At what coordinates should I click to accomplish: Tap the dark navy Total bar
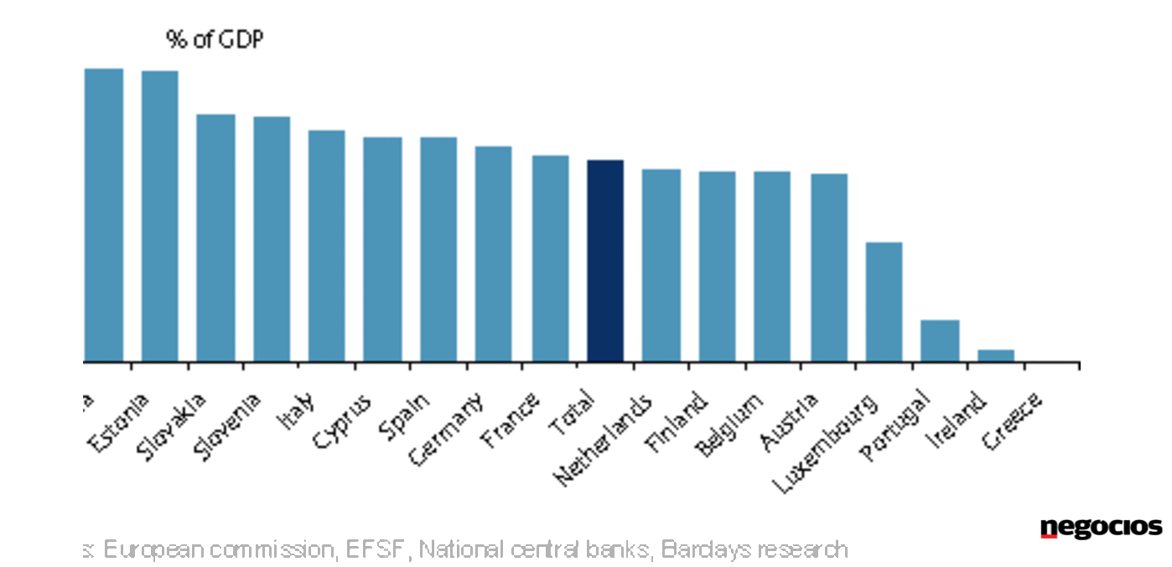(605, 261)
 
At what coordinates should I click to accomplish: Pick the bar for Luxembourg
(884, 302)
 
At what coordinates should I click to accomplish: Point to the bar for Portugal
(940, 341)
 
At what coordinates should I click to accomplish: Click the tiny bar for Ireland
(996, 356)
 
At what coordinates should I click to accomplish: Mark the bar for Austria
(829, 268)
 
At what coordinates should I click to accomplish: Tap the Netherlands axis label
(603, 440)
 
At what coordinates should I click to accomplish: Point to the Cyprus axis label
(341, 421)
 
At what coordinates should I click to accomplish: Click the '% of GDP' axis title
(215, 39)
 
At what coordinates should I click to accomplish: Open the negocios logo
(1101, 528)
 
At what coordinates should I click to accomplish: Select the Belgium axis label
(731, 424)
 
